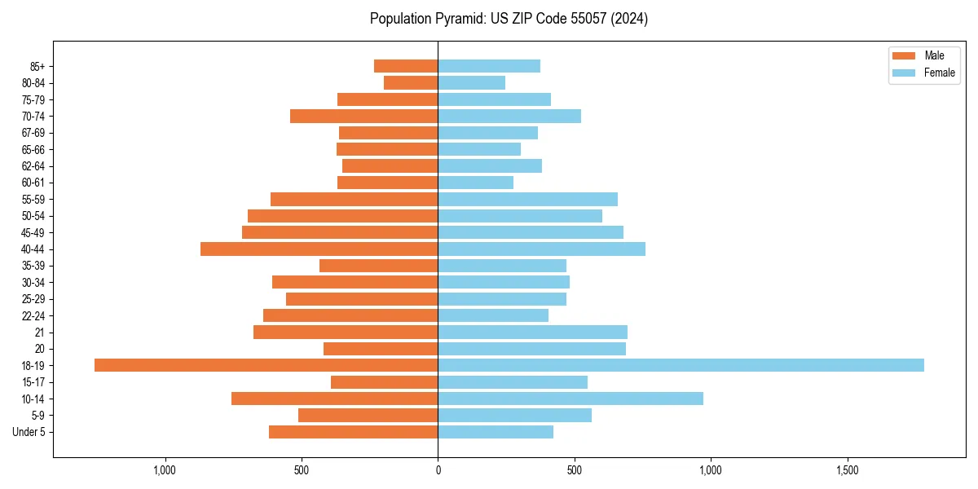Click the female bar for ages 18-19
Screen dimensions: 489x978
click(681, 365)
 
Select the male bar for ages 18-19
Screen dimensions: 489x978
click(267, 365)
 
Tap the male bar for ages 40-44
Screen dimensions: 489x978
click(319, 249)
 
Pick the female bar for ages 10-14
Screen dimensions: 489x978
click(570, 399)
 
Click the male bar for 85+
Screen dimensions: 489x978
click(406, 66)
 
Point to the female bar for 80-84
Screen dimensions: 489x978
click(471, 82)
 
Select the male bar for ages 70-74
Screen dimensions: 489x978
click(364, 116)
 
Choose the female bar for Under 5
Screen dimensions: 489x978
click(496, 432)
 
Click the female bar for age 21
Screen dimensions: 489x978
click(532, 332)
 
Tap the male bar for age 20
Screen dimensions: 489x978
click(381, 349)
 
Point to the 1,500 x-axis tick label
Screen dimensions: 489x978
click(848, 470)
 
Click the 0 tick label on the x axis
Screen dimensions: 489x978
click(438, 470)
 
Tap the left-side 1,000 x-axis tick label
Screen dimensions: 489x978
click(165, 470)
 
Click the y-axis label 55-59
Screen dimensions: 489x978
click(33, 199)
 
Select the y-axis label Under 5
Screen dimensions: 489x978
click(29, 432)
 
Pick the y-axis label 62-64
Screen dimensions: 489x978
click(33, 165)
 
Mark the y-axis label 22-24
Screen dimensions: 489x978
click(33, 315)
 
